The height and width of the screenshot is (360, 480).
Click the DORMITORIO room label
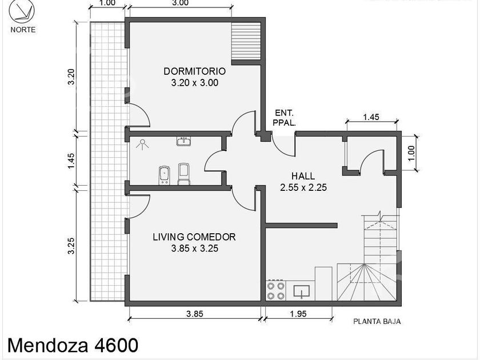coord(195,71)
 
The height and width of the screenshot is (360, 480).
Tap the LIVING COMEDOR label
coord(194,237)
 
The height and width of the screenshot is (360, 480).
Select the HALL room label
coord(303,176)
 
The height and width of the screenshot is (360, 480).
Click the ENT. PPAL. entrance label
coord(285,118)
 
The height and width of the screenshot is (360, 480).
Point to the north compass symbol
coord(22,11)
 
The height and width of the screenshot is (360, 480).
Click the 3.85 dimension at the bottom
coord(195,314)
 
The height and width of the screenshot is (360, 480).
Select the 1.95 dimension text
coord(298,314)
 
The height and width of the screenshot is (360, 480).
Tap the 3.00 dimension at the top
coord(181,3)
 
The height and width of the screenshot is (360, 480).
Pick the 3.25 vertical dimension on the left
coord(71,246)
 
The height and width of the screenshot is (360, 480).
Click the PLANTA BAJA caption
coord(377,321)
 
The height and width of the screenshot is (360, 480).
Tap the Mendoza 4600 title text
coord(73,345)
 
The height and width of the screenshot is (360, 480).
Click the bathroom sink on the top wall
coord(184,141)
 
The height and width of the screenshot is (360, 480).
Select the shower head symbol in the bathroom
coord(142,144)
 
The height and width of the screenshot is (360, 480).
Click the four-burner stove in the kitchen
coord(276,291)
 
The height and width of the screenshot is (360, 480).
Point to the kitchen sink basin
coord(302,291)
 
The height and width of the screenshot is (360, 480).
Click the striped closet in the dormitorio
coord(246,41)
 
